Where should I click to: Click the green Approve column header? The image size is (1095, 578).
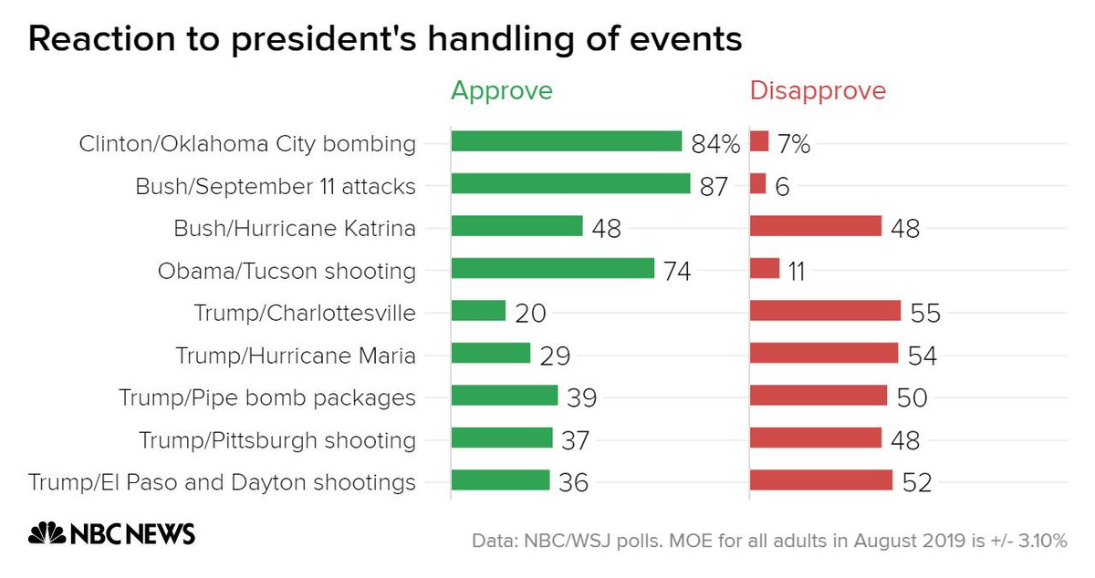pyautogui.click(x=502, y=91)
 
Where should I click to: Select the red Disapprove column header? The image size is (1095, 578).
pyautogui.click(x=818, y=91)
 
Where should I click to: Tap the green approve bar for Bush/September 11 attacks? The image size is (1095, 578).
pyautogui.click(x=570, y=184)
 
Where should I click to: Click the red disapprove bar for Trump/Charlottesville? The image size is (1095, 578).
pyautogui.click(x=825, y=311)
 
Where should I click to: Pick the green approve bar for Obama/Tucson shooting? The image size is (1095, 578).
pyautogui.click(x=553, y=268)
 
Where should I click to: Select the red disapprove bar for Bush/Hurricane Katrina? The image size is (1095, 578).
pyautogui.click(x=815, y=226)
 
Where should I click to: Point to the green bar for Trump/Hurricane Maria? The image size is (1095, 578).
pyautogui.click(x=491, y=353)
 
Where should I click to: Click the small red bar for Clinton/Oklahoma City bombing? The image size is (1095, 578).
pyautogui.click(x=759, y=141)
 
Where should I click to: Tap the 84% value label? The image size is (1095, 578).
pyautogui.click(x=714, y=144)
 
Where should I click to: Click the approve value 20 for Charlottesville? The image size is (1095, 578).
pyautogui.click(x=529, y=314)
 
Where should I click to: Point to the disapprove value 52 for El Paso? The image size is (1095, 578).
pyautogui.click(x=916, y=483)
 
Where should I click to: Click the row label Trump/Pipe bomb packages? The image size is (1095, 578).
pyautogui.click(x=267, y=397)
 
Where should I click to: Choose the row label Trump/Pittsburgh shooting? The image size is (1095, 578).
pyautogui.click(x=277, y=440)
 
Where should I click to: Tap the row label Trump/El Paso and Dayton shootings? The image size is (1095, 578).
pyautogui.click(x=222, y=482)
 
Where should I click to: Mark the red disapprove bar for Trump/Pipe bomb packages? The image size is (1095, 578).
pyautogui.click(x=818, y=395)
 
